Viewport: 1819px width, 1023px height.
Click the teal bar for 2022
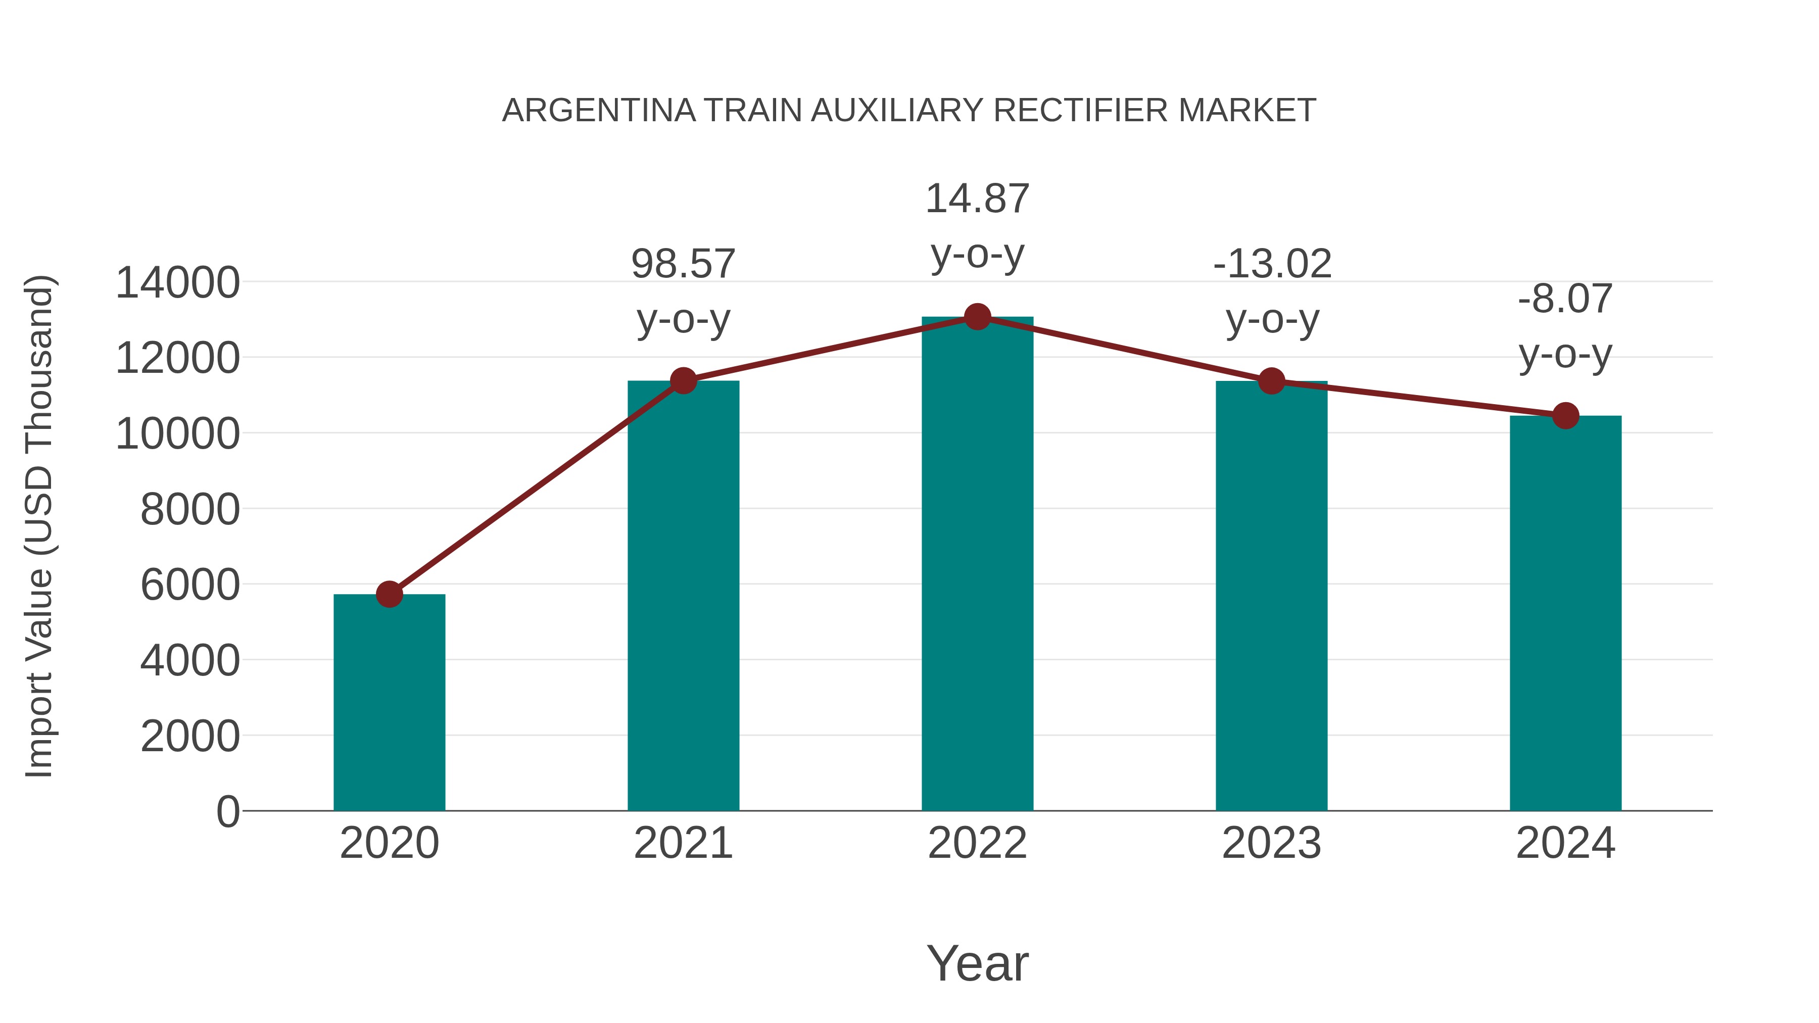[x=977, y=565]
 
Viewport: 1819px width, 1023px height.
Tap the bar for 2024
[x=1565, y=614]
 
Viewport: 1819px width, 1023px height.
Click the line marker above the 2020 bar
[x=389, y=595]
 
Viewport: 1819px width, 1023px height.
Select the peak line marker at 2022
[x=977, y=317]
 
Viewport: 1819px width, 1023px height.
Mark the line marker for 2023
[x=1272, y=381]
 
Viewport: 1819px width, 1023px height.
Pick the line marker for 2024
[x=1565, y=416]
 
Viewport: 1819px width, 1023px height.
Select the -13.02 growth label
[x=1272, y=264]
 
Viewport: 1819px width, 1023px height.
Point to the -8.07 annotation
[x=1565, y=299]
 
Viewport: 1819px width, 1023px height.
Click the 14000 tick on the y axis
[x=177, y=283]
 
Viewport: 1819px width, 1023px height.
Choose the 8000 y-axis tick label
[x=190, y=510]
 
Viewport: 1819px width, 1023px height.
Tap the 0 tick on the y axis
[x=228, y=812]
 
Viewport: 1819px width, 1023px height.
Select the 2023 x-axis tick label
[x=1272, y=843]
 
